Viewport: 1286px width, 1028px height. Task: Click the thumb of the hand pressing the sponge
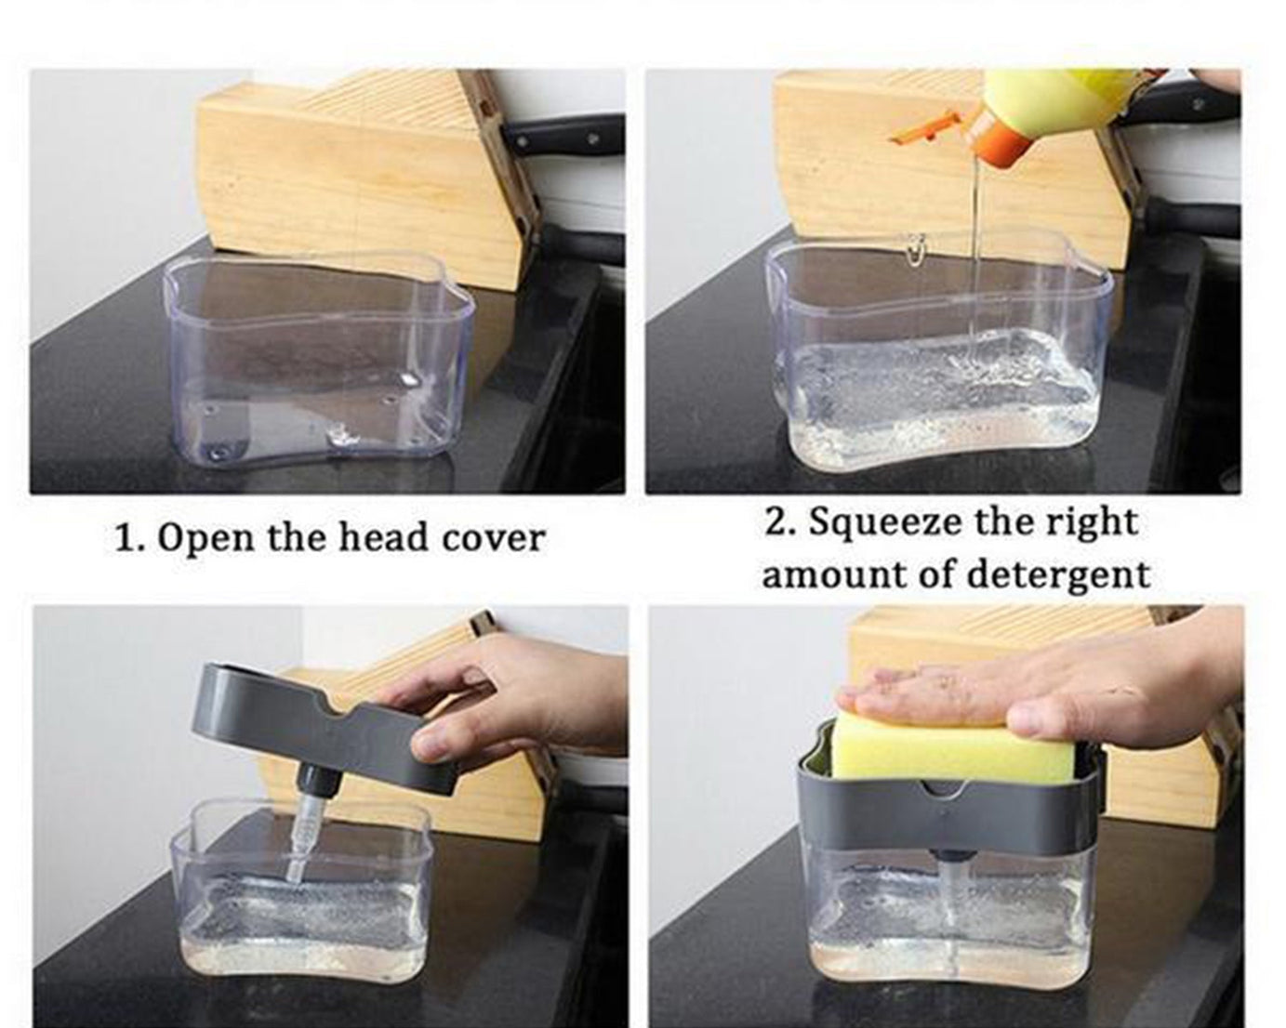1041,716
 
